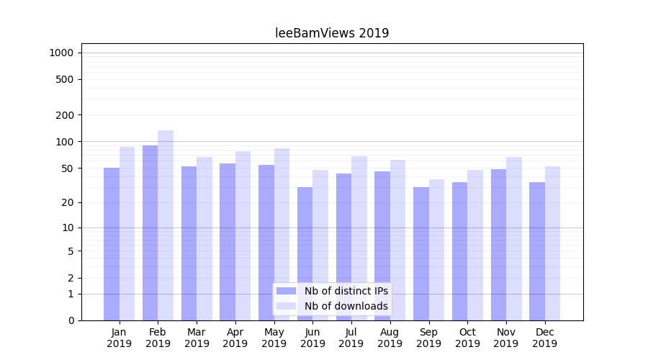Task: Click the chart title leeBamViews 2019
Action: [332, 33]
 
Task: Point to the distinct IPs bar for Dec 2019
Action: [537, 251]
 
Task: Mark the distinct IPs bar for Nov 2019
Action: [498, 245]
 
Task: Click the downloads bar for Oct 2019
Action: [475, 245]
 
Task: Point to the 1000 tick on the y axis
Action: [61, 53]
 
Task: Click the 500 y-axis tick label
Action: [65, 79]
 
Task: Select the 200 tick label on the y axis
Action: [65, 115]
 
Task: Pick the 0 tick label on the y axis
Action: [71, 320]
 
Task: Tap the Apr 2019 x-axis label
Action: [235, 338]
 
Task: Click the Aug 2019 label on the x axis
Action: [390, 338]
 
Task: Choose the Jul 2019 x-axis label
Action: [351, 338]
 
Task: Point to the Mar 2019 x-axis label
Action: [197, 338]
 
